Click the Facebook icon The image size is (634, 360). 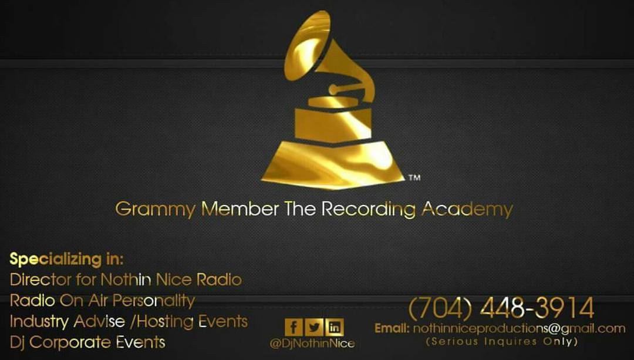(294, 327)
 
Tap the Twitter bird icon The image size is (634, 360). (314, 327)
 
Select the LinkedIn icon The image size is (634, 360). (335, 327)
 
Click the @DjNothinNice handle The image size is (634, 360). (312, 344)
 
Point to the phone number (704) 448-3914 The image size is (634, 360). (501, 308)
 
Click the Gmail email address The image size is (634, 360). (519, 328)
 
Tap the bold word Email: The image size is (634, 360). (392, 328)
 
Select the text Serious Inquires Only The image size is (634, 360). (501, 341)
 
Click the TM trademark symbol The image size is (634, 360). (414, 177)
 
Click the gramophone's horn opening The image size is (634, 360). (307, 45)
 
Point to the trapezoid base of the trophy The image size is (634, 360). (333, 164)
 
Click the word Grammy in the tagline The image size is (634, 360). (155, 210)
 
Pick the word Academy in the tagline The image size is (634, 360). (467, 210)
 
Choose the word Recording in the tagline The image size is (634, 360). (368, 210)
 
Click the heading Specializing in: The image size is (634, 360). (66, 259)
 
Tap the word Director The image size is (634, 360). (41, 280)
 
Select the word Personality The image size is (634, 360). (154, 301)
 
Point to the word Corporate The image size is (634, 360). (70, 342)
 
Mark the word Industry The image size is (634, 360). (39, 322)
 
